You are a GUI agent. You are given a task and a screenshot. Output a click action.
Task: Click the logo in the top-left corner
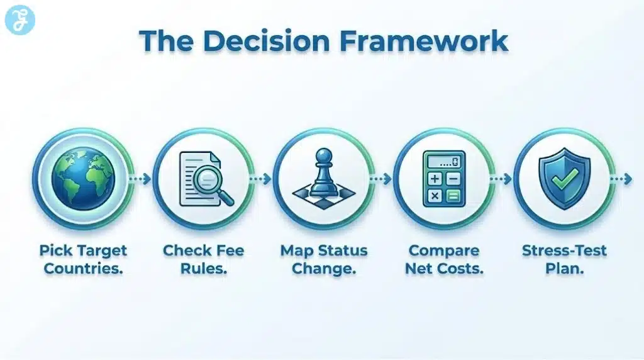[x=19, y=19]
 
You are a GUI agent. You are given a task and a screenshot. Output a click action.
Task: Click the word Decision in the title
[x=271, y=40]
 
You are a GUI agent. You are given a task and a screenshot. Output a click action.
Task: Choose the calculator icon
[x=443, y=179]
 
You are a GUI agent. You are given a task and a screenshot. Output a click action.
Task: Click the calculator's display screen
[x=443, y=162]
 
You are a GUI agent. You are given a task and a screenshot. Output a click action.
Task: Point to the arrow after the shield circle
[x=622, y=179]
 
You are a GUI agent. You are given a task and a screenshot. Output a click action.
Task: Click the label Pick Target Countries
[x=83, y=259]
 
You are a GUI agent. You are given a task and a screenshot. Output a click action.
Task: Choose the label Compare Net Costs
[x=443, y=259]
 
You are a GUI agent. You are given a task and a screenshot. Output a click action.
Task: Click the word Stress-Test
[x=564, y=250]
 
